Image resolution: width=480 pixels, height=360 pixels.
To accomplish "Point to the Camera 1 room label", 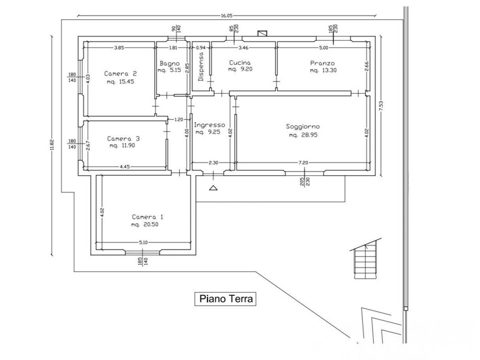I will (148, 217).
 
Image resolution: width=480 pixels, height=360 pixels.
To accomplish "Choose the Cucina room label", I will (239, 62).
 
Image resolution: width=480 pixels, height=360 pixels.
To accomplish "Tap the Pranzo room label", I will (322, 63).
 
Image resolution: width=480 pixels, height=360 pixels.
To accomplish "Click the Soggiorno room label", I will (303, 127).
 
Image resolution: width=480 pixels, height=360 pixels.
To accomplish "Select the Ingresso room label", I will (209, 125).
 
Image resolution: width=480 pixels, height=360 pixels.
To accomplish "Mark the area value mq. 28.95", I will (303, 136).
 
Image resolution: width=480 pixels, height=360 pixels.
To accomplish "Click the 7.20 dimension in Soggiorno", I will (304, 163).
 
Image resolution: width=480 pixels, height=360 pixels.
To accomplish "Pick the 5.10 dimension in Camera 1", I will (143, 243).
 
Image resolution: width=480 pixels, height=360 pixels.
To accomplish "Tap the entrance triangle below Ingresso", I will (213, 188).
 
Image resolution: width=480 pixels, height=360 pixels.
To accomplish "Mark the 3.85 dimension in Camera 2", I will (119, 47).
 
